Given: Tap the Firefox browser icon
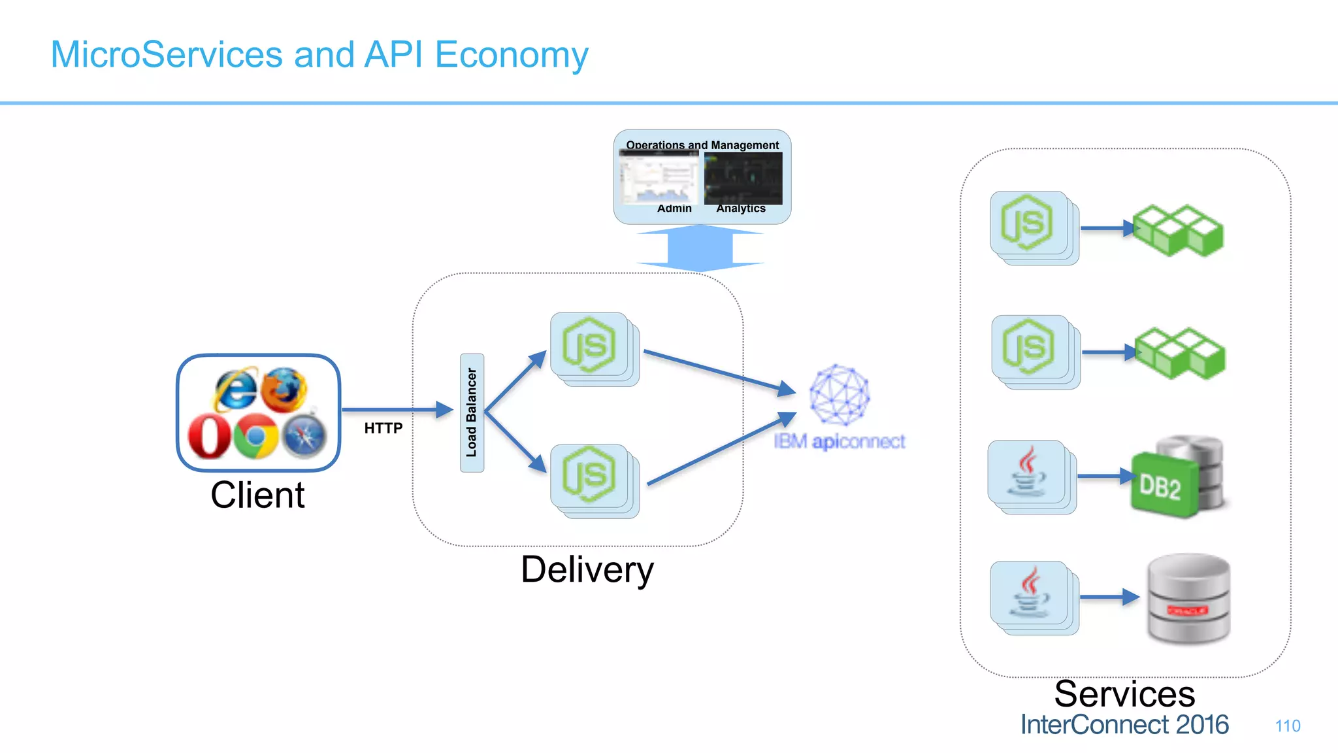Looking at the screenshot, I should pos(284,390).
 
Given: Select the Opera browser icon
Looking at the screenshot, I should pos(209,437).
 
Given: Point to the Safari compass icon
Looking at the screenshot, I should pos(304,436).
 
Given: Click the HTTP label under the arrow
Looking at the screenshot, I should pos(383,428).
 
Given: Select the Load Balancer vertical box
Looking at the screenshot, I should pos(472,412).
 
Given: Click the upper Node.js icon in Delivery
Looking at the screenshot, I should pos(589,344).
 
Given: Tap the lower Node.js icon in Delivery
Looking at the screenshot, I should pos(589,475).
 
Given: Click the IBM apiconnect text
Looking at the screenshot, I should pos(840,442).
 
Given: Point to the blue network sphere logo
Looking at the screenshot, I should pos(840,394).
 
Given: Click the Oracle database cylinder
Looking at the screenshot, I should pos(1188,599).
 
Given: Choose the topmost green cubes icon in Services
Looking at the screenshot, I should pos(1178,230).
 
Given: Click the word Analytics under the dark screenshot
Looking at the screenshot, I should pos(741,209).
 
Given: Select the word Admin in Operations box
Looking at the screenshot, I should pos(674,209).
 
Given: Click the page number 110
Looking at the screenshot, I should pos(1287,726).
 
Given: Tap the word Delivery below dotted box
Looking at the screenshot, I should pos(587,569).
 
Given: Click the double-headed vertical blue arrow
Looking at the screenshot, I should pos(700,248).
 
